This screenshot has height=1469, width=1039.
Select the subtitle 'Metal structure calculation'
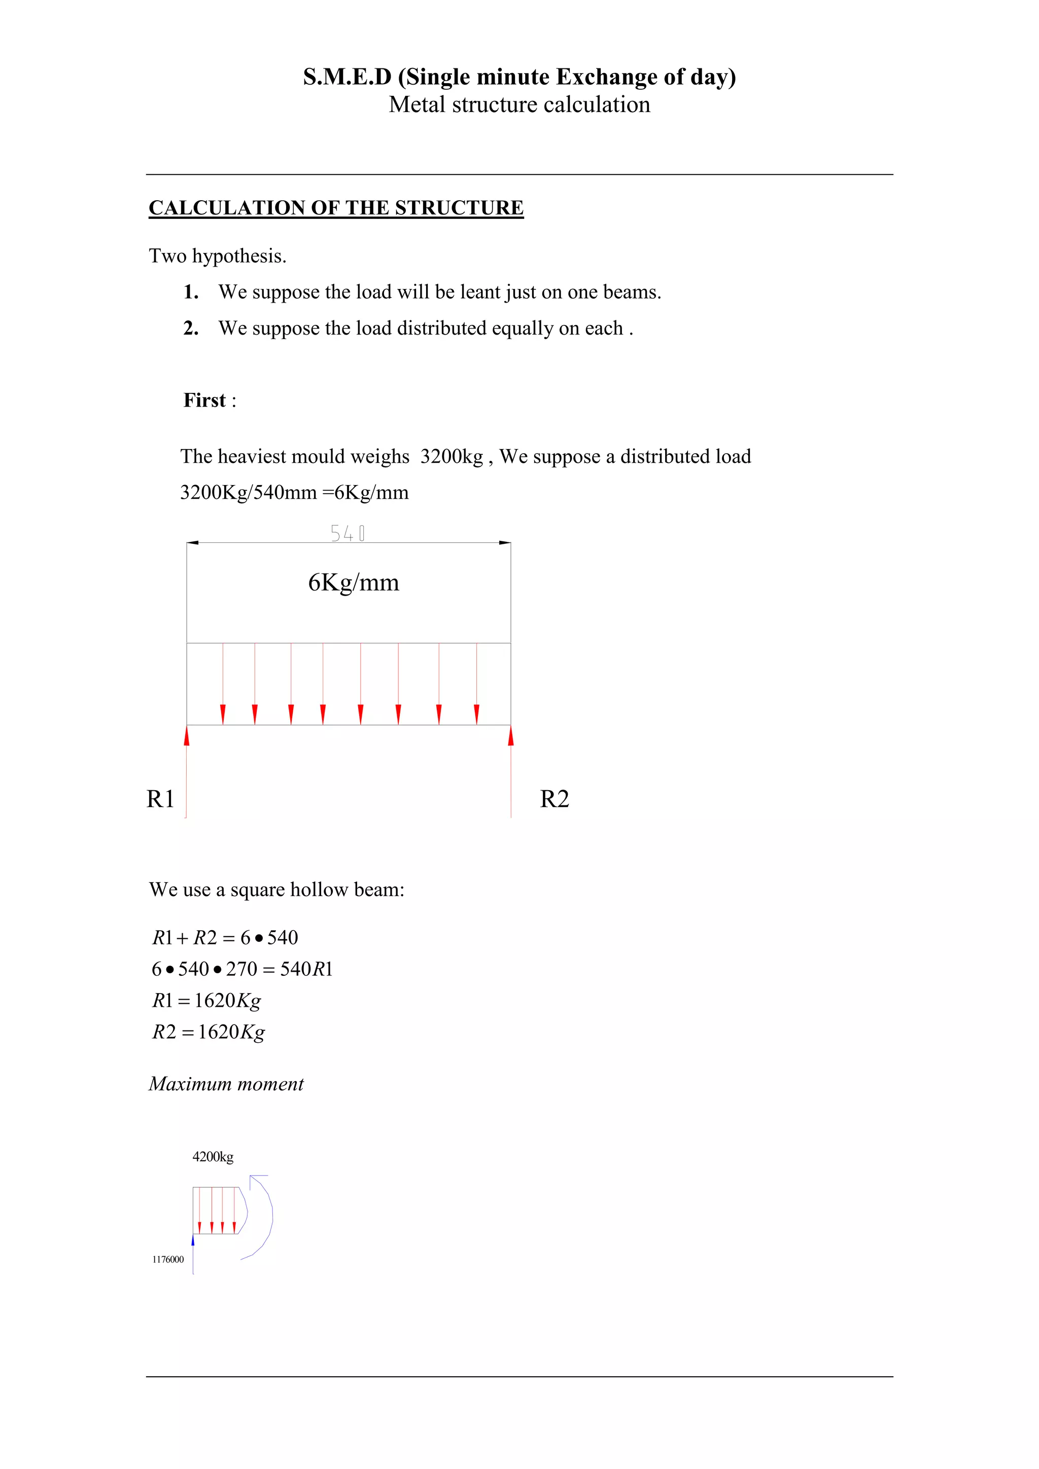(519, 104)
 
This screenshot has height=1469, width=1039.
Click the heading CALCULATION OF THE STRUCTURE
(336, 208)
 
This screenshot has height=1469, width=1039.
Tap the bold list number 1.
(191, 292)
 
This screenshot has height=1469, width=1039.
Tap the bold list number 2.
(191, 328)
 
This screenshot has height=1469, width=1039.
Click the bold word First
(205, 400)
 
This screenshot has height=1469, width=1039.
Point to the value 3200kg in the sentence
(452, 457)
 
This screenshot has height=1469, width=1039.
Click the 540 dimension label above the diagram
(348, 533)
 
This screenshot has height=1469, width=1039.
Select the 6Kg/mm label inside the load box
(354, 582)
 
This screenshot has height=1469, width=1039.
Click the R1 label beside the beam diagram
(160, 799)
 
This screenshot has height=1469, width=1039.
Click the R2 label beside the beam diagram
(555, 799)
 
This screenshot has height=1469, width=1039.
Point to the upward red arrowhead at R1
(187, 736)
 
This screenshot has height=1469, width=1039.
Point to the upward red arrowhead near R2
(511, 736)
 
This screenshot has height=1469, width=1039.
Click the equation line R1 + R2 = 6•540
(225, 938)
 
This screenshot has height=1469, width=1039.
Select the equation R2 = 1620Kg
(208, 1032)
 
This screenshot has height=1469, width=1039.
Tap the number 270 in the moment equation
(241, 969)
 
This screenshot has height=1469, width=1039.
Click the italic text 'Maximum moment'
(226, 1084)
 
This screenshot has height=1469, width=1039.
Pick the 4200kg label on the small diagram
(213, 1157)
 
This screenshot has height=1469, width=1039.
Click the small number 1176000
(168, 1259)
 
